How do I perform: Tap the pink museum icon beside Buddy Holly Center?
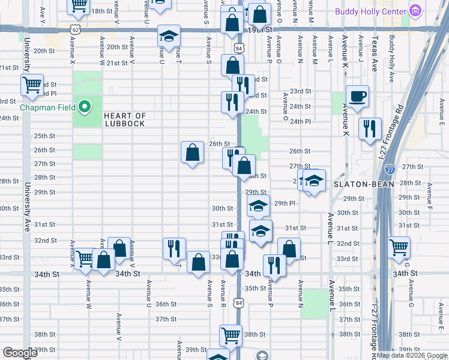415,10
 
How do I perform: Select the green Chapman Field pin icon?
85,108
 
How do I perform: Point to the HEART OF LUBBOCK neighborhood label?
124,119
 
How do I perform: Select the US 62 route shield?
74,28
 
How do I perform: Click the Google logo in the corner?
20,353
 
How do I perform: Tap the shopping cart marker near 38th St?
230,335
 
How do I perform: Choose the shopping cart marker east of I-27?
398,245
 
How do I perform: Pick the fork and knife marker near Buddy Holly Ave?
369,128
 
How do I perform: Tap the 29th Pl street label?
285,203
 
